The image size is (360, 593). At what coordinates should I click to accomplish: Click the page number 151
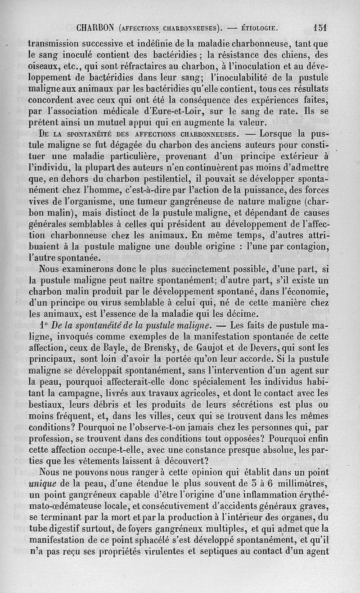coord(320,27)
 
